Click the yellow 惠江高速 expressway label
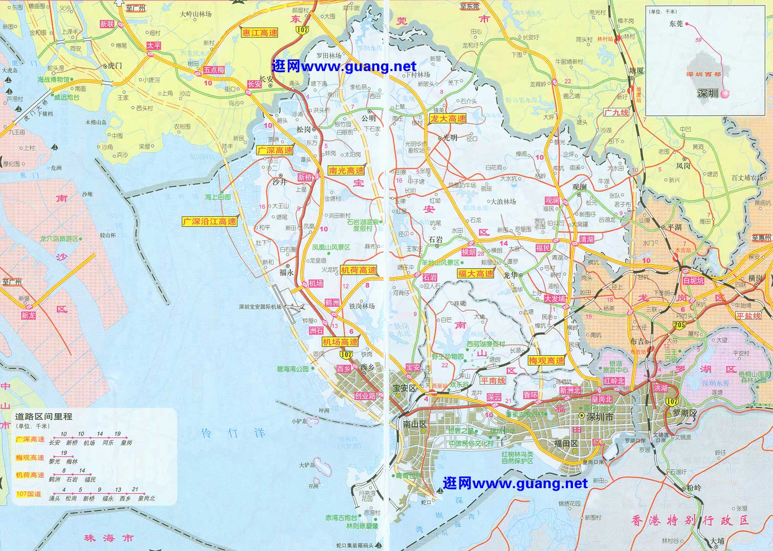pos(259,33)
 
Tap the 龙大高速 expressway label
pos(448,119)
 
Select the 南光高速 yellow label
pos(346,171)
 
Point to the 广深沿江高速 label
pos(210,221)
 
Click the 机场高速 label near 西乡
pos(340,341)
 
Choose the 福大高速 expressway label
pos(476,273)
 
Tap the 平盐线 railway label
pos(748,316)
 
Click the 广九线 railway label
pos(616,112)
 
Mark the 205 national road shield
pos(680,326)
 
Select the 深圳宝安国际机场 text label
pos(260,307)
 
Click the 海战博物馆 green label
pos(53,80)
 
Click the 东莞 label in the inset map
pos(675,24)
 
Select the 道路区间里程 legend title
pos(44,417)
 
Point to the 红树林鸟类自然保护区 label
pos(517,457)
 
